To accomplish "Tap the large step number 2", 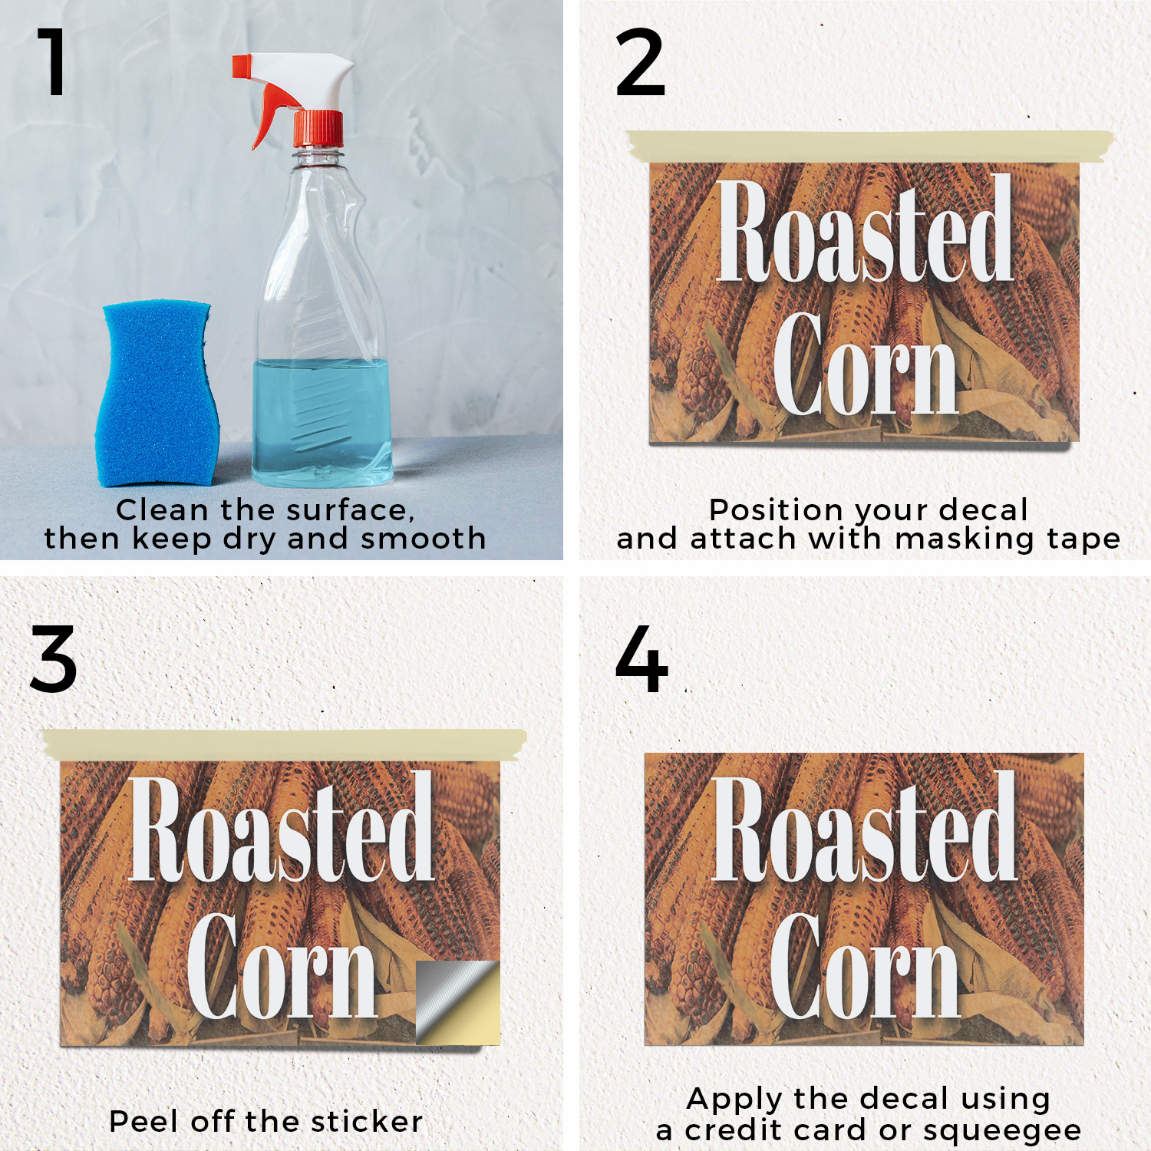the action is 640,62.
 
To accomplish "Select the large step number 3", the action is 54,659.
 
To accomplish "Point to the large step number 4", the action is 641,658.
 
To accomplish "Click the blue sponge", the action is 157,393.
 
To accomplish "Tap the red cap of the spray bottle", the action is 318,128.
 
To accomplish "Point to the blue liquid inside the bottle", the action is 322,422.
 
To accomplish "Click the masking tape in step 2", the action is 869,146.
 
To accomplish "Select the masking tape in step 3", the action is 285,744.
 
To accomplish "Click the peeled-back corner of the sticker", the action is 458,1002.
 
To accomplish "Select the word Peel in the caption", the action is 145,1121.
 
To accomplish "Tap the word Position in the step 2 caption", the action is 777,510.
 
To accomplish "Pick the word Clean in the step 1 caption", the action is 162,510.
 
